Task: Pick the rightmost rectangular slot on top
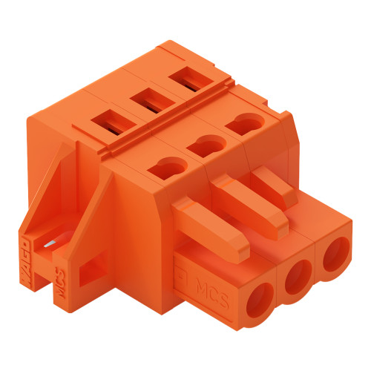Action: (186, 80)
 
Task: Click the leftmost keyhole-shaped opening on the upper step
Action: (163, 170)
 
